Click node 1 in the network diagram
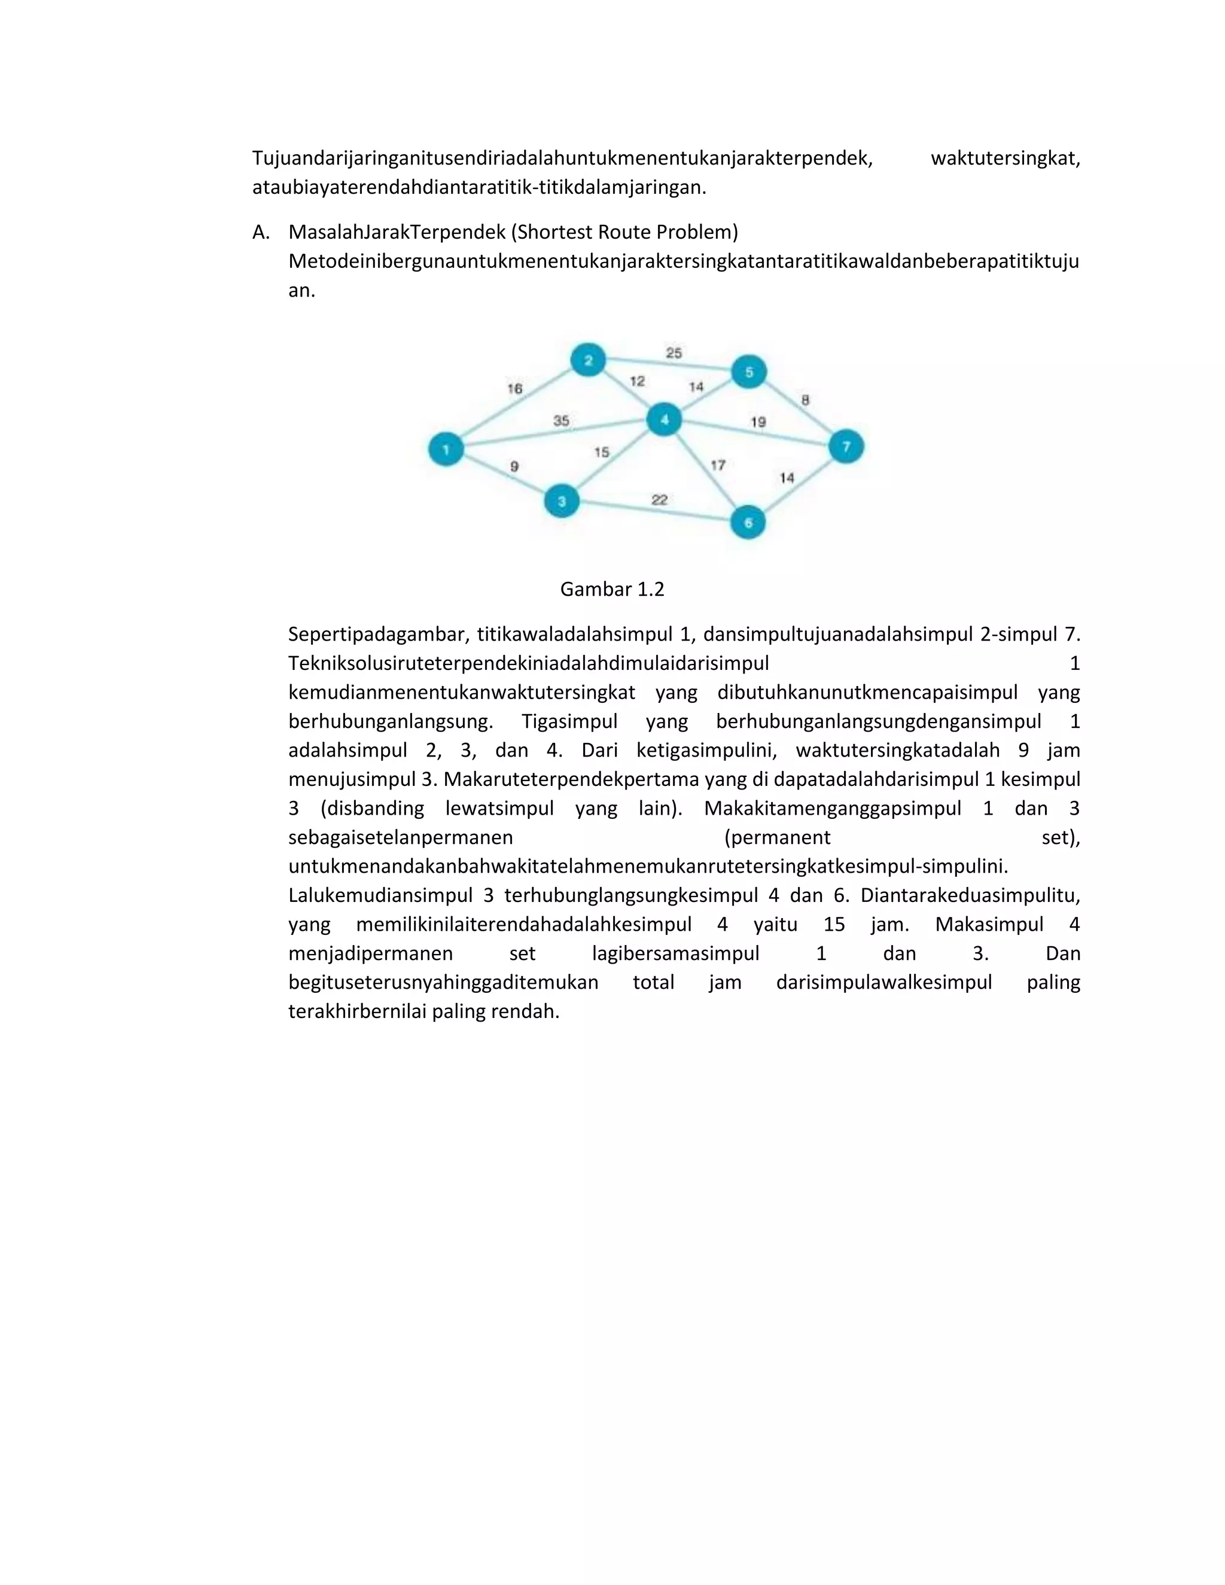[446, 449]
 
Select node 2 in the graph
[588, 360]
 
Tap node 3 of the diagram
[562, 501]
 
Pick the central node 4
[664, 419]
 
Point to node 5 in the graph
[749, 371]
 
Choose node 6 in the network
[748, 523]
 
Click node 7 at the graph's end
[846, 446]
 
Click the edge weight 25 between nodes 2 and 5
[674, 353]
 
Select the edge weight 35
[561, 420]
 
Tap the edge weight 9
[514, 467]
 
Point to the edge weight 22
[659, 499]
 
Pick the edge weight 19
[758, 422]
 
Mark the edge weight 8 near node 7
[805, 400]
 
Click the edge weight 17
[718, 465]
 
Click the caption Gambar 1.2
[612, 589]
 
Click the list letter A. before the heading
[261, 232]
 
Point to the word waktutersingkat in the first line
[1005, 158]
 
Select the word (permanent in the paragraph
[777, 837]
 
